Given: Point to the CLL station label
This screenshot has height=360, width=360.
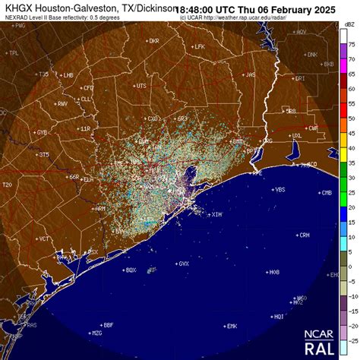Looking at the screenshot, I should click(x=86, y=99).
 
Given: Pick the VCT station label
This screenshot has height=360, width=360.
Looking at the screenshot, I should click(x=45, y=238).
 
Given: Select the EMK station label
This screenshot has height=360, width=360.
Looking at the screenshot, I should click(x=232, y=326).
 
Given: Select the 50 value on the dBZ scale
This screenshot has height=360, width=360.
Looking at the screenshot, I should click(x=351, y=118).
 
